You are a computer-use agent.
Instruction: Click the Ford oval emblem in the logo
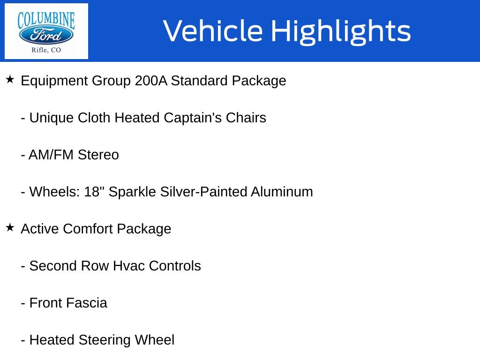pyautogui.click(x=46, y=35)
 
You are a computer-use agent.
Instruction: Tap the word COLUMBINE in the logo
pyautogui.click(x=46, y=20)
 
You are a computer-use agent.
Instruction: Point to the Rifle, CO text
pyautogui.click(x=46, y=50)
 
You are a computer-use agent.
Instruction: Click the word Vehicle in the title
pyautogui.click(x=213, y=30)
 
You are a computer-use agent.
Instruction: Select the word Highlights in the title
pyautogui.click(x=341, y=31)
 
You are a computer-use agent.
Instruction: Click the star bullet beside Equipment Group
pyautogui.click(x=10, y=79)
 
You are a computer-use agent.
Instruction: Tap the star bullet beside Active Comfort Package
pyautogui.click(x=10, y=227)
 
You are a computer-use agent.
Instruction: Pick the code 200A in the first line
pyautogui.click(x=151, y=81)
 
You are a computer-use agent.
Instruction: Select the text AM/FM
pyautogui.click(x=51, y=155)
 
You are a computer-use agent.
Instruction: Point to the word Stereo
pyautogui.click(x=98, y=155)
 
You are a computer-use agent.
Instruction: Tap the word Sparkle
pyautogui.click(x=132, y=192)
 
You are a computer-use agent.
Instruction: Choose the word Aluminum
pyautogui.click(x=282, y=192)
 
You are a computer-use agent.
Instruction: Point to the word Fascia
pyautogui.click(x=88, y=303)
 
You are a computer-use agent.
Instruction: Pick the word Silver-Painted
pyautogui.click(x=203, y=192)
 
